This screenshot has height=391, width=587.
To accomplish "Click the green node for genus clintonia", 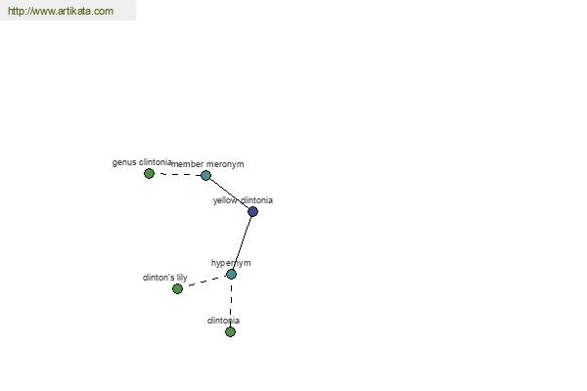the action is [x=149, y=174].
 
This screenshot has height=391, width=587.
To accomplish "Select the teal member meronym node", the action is [x=205, y=175].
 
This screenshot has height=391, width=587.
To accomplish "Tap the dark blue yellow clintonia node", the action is [x=252, y=212].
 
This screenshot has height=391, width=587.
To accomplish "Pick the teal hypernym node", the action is [x=231, y=275].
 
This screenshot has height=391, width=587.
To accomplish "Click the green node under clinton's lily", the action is [x=177, y=289].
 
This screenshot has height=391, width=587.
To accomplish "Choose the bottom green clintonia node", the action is [x=230, y=332].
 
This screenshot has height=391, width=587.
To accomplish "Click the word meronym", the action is [x=225, y=164].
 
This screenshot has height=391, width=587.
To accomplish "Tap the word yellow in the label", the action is [x=225, y=200].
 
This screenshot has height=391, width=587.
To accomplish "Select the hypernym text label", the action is [x=231, y=263].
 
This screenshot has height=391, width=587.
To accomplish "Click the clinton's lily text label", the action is [x=164, y=278].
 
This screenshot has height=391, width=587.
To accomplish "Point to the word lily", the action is [x=182, y=278].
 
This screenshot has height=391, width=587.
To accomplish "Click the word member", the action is [x=187, y=164].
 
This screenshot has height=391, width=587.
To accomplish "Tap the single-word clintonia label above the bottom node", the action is [x=223, y=321].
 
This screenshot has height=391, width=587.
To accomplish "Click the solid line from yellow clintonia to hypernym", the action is [x=242, y=242].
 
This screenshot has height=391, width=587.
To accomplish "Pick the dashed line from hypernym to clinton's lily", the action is [x=205, y=282].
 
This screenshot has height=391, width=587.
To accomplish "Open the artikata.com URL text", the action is [x=61, y=11].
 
